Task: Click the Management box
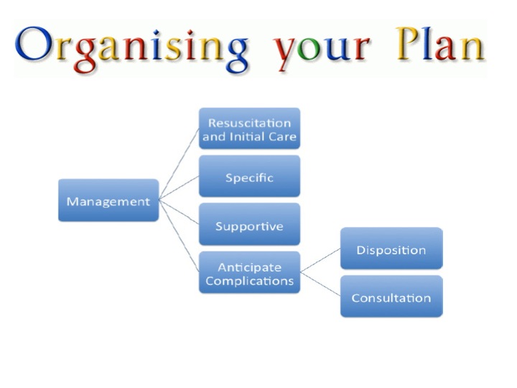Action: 108,200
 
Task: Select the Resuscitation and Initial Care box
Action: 249,129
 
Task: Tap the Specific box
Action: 249,177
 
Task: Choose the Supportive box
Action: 249,226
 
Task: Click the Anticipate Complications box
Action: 249,273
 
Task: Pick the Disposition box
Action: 391,249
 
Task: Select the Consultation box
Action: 391,297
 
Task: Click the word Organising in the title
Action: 133,47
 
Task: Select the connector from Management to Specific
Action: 179,188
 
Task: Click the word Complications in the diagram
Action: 249,280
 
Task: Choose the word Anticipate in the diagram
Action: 249,267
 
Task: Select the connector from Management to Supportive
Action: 179,213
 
